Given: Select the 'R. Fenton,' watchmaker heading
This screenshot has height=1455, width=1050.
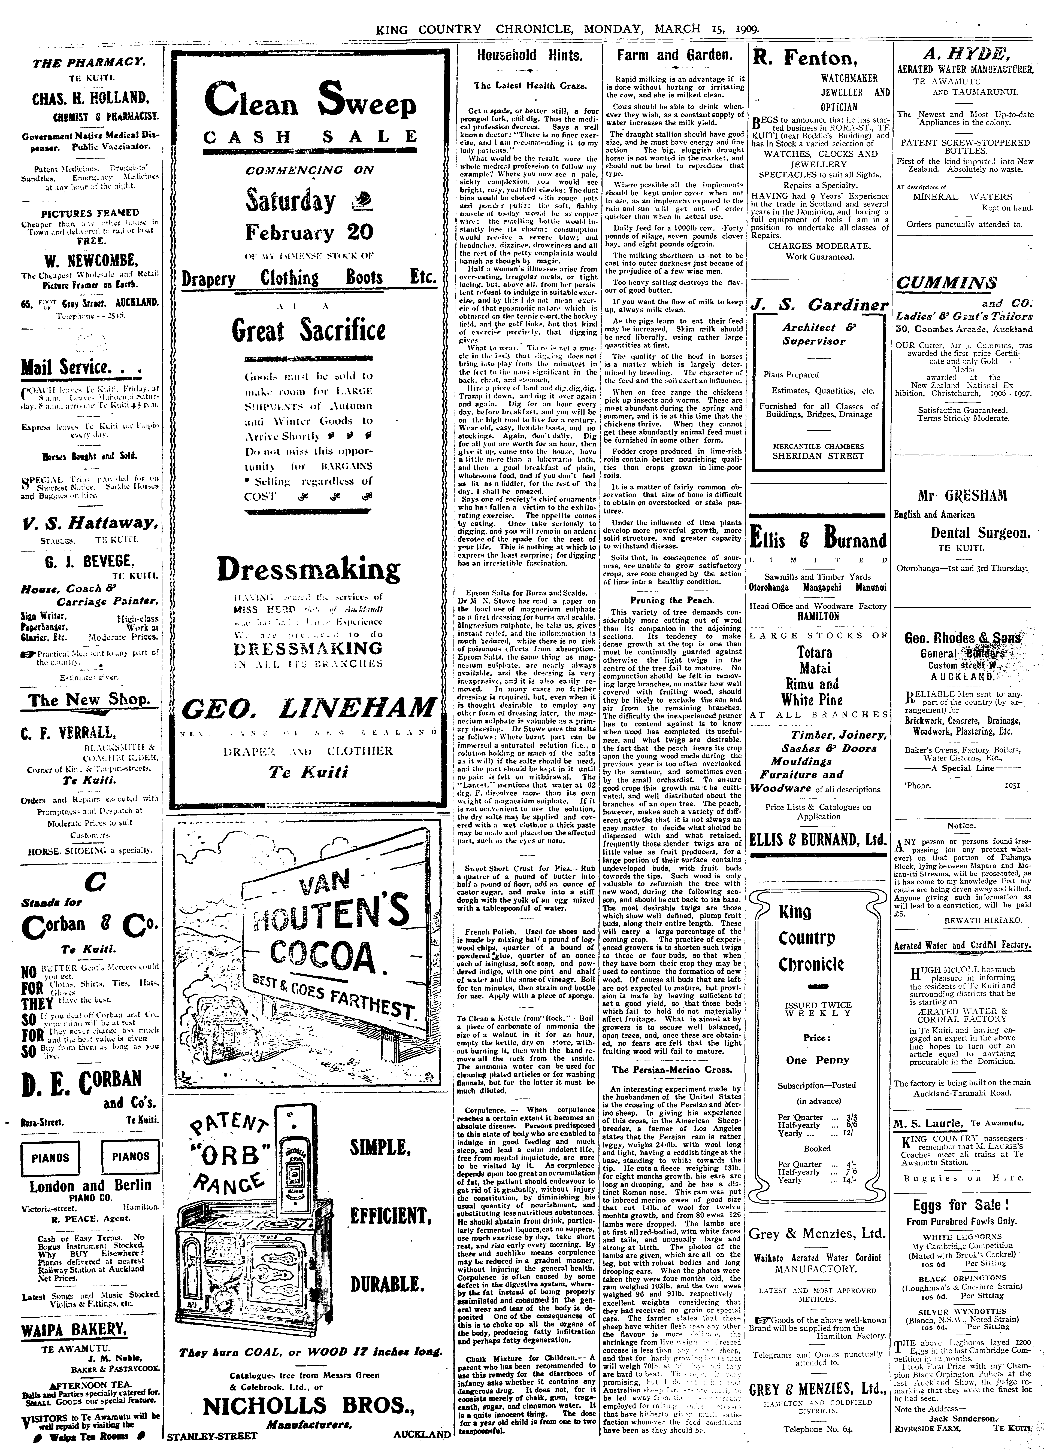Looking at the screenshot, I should (804, 59).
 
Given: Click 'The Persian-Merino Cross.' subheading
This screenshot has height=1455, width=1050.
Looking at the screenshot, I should (672, 1069).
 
